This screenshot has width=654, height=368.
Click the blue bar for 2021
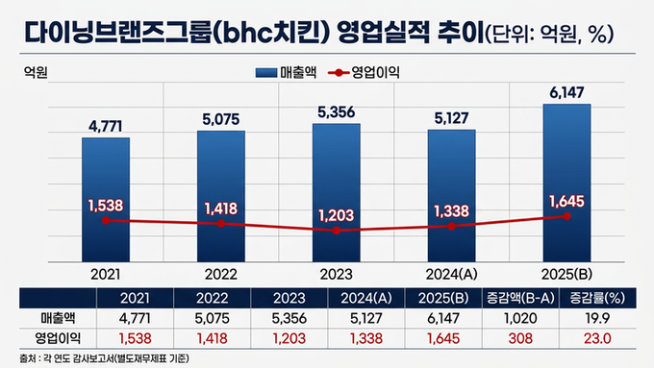[x=105, y=197]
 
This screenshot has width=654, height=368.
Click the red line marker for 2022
[x=220, y=223]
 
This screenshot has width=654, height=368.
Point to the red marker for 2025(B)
[x=566, y=216]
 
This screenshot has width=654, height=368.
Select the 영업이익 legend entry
[x=365, y=73]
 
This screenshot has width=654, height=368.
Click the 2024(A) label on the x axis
[x=452, y=273]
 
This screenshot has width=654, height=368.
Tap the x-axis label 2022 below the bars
[x=220, y=273]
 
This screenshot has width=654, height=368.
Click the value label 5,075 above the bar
[x=220, y=120]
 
